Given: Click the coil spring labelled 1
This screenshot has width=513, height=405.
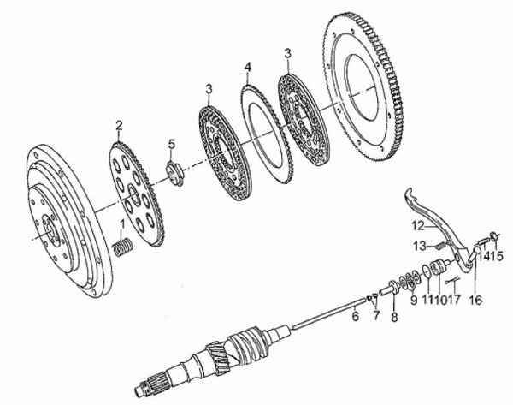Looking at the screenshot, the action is [121, 247].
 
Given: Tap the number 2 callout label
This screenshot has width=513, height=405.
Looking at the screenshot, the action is [119, 126].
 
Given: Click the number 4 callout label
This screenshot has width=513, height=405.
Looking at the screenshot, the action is [247, 68].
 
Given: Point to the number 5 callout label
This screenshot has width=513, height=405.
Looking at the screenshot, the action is [172, 144].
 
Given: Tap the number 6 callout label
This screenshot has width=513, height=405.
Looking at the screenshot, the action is [356, 316].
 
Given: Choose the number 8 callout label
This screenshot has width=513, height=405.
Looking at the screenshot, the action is [394, 317].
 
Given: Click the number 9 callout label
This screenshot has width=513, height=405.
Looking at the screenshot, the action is [414, 300].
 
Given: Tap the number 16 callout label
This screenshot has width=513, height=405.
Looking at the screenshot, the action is [476, 300].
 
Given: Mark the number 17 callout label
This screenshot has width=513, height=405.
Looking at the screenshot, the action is [455, 299].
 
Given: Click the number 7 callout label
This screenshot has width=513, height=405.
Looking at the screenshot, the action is [376, 315].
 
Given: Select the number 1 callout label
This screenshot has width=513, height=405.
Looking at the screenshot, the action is [123, 224].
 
